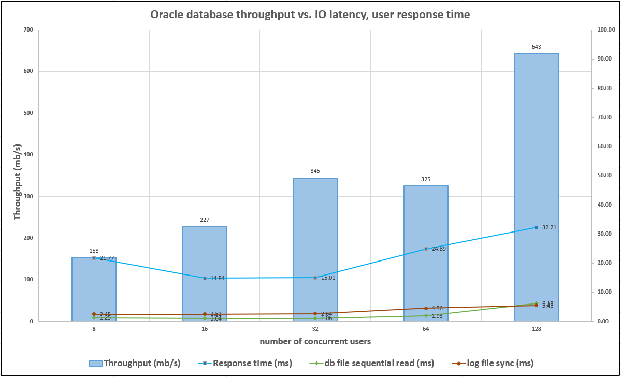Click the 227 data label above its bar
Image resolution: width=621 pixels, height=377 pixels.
click(x=205, y=220)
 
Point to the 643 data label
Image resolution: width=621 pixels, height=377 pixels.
click(x=536, y=47)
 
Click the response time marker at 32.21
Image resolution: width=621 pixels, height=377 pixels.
click(x=536, y=227)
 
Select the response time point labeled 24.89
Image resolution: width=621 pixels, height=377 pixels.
click(x=426, y=249)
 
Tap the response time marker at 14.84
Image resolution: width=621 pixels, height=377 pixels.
click(x=205, y=278)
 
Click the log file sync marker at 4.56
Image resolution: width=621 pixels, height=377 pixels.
click(x=426, y=308)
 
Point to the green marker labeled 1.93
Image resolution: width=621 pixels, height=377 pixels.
click(x=426, y=315)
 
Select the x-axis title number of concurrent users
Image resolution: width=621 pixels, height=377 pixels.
click(x=315, y=342)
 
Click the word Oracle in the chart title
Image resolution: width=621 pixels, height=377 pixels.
click(x=168, y=15)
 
